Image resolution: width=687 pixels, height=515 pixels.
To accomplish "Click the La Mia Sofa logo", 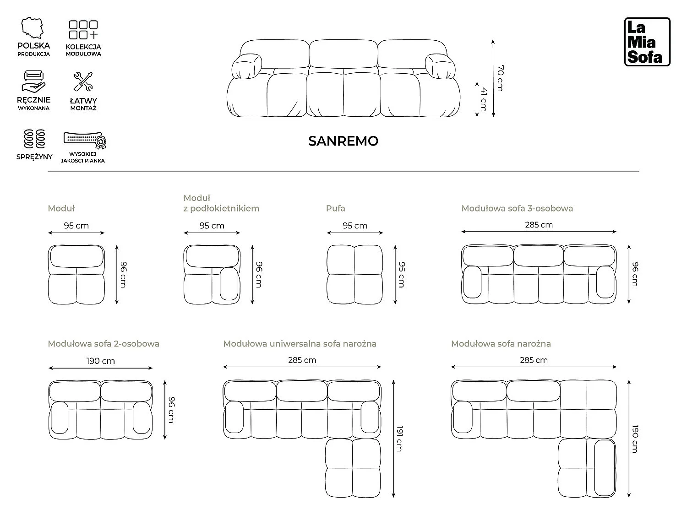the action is pos(647,42).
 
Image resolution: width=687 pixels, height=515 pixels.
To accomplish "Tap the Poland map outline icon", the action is pos(33,28).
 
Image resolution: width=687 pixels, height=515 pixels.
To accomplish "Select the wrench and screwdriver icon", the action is pos(83,81).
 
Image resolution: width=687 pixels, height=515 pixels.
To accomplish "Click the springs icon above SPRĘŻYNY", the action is pos(34,139).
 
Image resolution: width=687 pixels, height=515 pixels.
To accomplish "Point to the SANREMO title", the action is pos(343,141).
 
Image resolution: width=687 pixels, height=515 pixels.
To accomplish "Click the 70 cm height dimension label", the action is pos(500,78).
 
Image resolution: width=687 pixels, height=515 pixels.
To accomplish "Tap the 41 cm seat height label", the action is pos(484,99).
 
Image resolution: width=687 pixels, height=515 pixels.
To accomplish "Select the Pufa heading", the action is pos(336,208).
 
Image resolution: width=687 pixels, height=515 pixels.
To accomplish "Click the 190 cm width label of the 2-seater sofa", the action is pos(100,361).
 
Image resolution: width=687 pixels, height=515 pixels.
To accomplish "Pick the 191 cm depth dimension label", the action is pos(400,439).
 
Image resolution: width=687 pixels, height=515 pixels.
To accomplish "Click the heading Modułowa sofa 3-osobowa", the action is pos(517,208).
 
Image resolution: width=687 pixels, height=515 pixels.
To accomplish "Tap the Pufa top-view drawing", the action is pos(354,274).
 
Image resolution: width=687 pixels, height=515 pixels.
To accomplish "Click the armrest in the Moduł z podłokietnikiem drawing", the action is pos(229,284).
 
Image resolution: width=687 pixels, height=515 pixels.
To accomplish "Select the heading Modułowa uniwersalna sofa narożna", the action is pos(300,344).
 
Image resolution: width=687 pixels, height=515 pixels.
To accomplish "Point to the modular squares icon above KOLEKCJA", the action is pos(83,30).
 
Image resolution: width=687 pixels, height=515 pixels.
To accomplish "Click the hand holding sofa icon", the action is pos(33,82).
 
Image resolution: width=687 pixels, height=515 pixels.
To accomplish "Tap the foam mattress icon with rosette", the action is pos(85,140).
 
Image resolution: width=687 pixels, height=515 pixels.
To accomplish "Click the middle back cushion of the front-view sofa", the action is pos(343,53).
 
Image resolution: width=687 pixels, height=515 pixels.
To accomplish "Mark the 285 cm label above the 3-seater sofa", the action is pos(539,224).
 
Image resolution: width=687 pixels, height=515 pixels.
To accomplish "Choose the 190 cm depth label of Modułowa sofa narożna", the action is pos(635,439).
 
